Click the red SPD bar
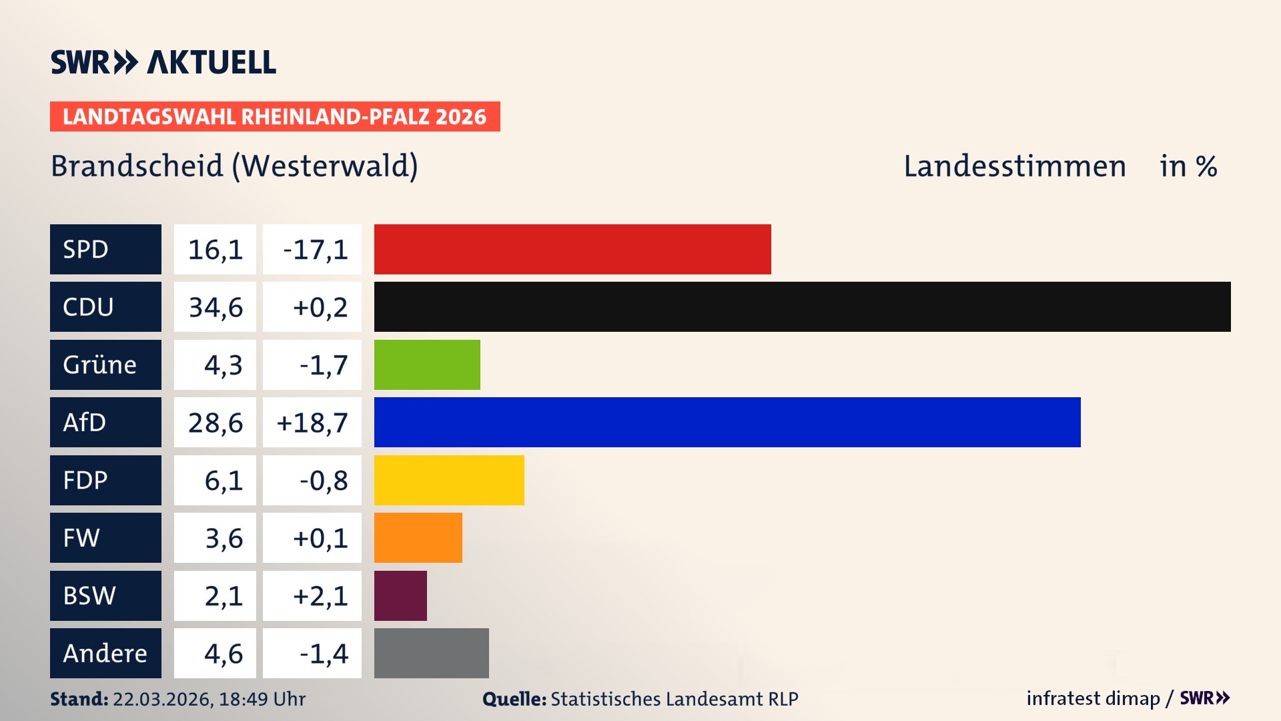(572, 249)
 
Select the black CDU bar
(802, 307)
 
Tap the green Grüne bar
(427, 365)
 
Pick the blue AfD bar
(727, 422)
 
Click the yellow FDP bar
(449, 480)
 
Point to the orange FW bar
(418, 537)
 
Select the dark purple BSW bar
(400, 595)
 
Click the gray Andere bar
(431, 653)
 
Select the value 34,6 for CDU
(215, 307)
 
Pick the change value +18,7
(312, 422)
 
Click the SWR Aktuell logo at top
(163, 62)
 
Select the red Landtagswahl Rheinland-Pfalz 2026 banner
(275, 117)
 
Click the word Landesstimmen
(1014, 166)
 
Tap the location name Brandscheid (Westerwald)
(234, 166)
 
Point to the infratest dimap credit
(1093, 698)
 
